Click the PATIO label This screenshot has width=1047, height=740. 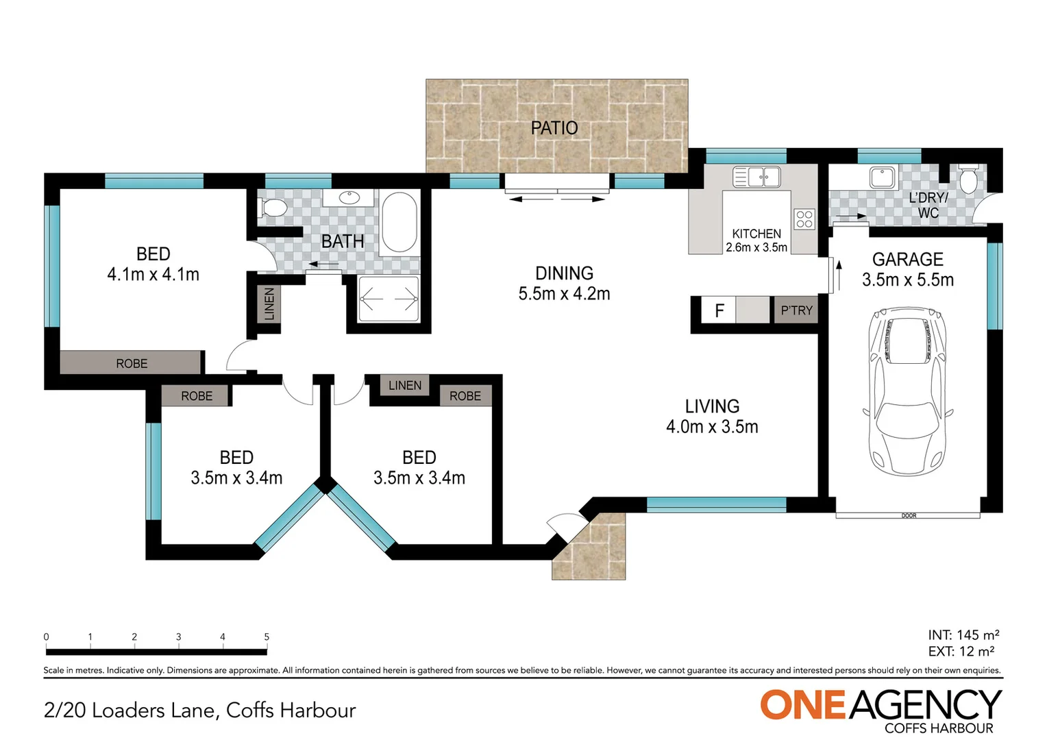[554, 128]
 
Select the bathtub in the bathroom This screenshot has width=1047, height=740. [399, 223]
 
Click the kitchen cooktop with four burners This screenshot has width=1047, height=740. [804, 219]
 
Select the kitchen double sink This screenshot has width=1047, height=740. [756, 177]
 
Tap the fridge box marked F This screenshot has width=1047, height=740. [719, 310]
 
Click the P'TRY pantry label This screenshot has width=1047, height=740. [796, 310]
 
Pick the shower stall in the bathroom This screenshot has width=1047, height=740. [389, 299]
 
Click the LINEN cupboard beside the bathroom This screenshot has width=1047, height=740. [269, 304]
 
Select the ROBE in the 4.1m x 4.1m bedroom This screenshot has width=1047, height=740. [132, 363]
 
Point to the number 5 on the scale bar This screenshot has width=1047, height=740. [267, 637]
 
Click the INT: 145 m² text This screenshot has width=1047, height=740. [963, 635]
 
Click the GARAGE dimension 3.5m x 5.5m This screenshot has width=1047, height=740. [907, 280]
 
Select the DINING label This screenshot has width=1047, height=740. [564, 273]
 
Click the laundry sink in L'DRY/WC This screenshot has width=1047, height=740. [881, 177]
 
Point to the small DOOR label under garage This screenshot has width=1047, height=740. [909, 515]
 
